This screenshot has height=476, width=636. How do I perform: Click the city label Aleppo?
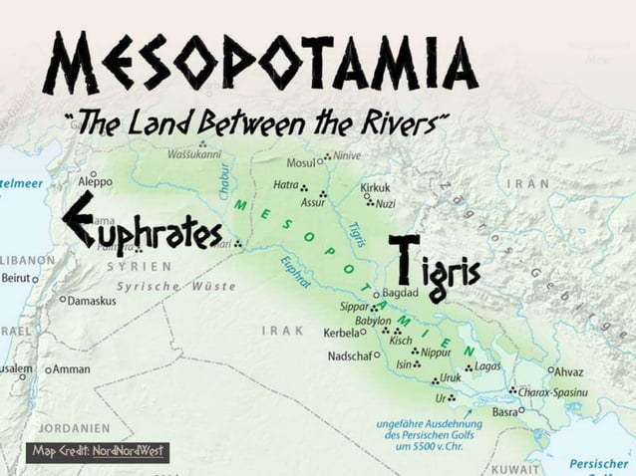click(95, 184)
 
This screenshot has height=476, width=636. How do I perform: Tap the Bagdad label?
click(399, 295)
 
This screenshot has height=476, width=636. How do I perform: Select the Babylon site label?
click(373, 321)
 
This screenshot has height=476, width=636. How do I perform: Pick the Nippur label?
click(437, 352)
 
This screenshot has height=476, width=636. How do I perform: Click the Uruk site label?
click(451, 378)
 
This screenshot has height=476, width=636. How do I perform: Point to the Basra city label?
click(505, 411)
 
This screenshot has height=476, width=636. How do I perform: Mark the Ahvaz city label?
click(567, 371)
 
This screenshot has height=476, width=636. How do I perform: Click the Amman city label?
click(71, 368)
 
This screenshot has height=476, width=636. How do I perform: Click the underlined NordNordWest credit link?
click(131, 451)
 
